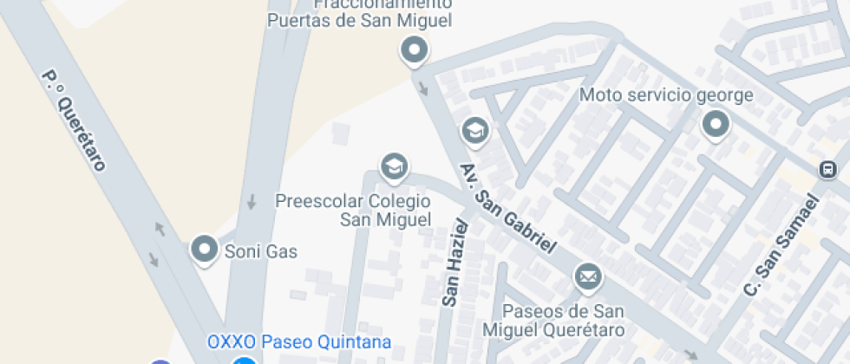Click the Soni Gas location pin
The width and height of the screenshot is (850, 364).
coord(205,249)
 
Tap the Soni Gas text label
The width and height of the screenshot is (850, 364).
coord(261,252)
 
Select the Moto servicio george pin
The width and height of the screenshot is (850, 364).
coord(715,124)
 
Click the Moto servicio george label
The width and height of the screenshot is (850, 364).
coord(666,94)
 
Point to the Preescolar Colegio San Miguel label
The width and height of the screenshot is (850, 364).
coord(353,211)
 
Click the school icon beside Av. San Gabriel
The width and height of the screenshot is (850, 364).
coord(474,131)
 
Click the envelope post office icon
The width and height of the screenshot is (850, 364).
coord(587,277)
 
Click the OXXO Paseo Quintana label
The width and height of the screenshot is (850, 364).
coord(298,341)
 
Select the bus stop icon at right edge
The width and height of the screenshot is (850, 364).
coord(828,168)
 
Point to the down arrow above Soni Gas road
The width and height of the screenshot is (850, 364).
coord(252,202)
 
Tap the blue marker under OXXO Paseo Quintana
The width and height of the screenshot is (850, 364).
coord(245,361)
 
